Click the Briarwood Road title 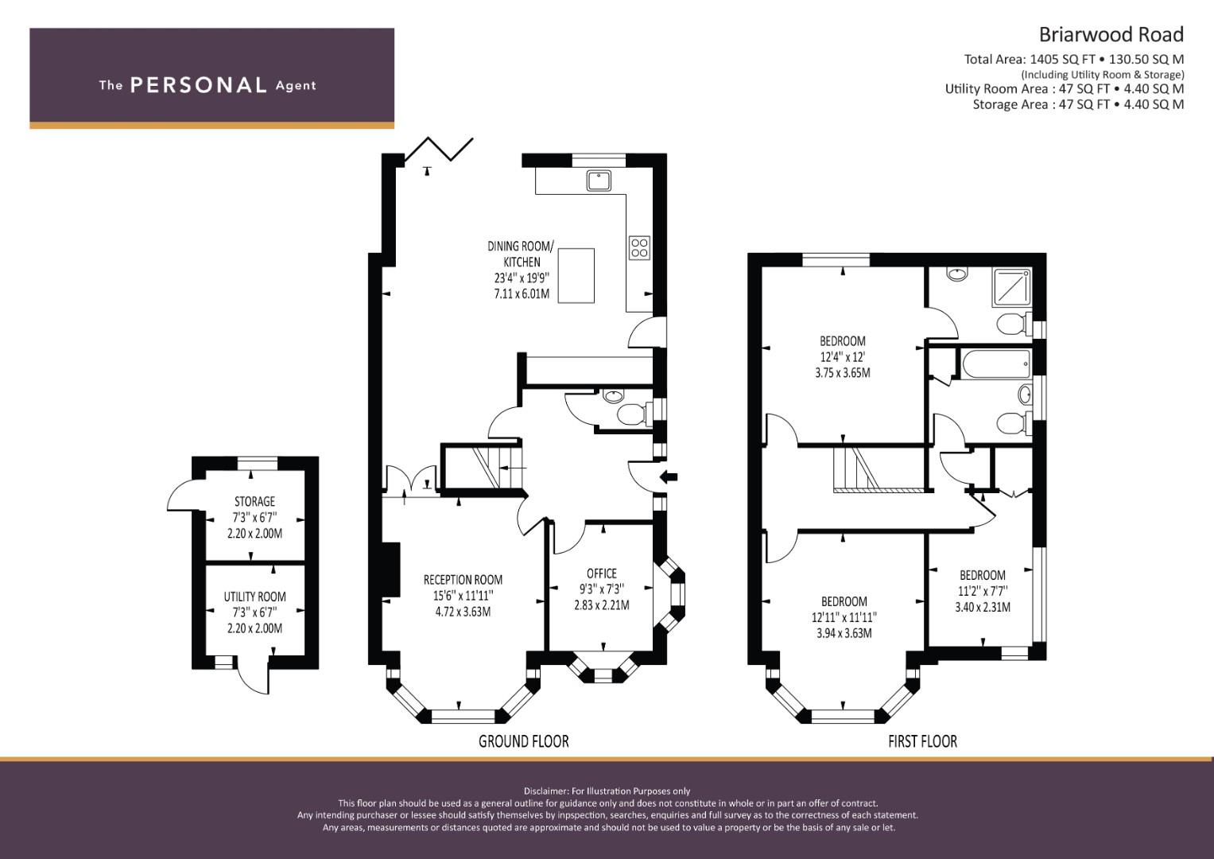coord(1111,35)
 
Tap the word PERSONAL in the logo coord(199,85)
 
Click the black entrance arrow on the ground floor coord(669,477)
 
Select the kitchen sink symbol coord(599,181)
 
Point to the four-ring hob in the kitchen coord(639,248)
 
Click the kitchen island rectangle coord(576,275)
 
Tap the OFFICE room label coord(602,573)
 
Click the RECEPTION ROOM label coord(463,580)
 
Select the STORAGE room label coord(254,501)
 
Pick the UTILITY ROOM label coord(254,597)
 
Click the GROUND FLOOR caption coord(524,741)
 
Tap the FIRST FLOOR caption coord(922,741)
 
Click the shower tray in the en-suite coord(1012,287)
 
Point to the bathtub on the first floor coord(995,363)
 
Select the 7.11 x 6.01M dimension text coord(522,294)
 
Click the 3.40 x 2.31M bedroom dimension coord(983,608)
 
